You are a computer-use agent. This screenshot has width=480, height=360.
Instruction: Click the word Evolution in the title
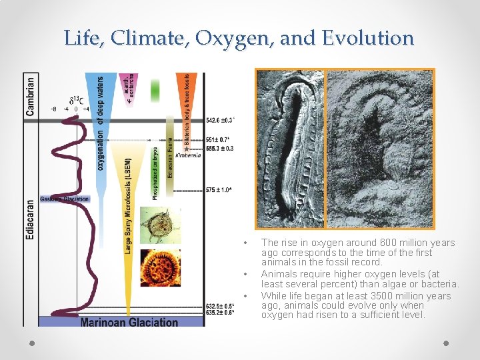pos(367,38)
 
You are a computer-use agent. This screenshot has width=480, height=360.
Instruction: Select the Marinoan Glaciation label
pos(129,322)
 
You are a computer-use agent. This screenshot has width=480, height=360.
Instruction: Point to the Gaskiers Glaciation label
pos(65,199)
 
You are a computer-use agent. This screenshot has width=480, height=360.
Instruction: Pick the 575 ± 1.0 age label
pos(218,190)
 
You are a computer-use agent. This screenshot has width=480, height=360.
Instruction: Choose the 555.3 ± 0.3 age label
pos(220,148)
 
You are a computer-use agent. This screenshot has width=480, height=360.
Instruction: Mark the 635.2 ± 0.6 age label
pos(220,312)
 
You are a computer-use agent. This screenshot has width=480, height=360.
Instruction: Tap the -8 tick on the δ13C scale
pos(53,109)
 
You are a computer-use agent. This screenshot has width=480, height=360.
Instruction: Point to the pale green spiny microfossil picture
pos(160,225)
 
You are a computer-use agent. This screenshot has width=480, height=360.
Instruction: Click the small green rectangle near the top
pos(155,90)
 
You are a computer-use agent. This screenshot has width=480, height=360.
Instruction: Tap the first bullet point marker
pos(246,243)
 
